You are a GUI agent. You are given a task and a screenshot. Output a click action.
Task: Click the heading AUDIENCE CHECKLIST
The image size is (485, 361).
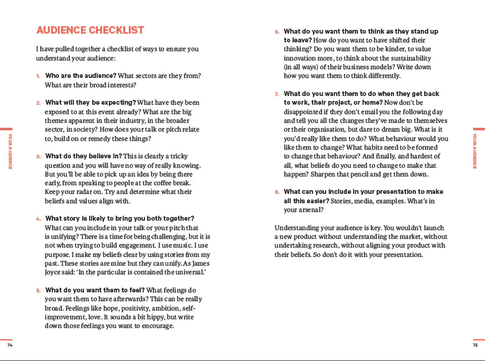(x=90, y=30)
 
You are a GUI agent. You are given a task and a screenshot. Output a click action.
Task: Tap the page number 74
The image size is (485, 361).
(x=9, y=345)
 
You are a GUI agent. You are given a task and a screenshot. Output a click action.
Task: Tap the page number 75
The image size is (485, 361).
(x=475, y=345)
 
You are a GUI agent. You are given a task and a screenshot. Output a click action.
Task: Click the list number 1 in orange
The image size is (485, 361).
(x=38, y=76)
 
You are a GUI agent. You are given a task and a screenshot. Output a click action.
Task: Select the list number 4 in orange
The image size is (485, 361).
(x=38, y=219)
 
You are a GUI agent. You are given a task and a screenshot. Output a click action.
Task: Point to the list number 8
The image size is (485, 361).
(x=277, y=192)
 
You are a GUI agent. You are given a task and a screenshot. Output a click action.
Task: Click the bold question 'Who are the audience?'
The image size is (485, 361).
(x=80, y=75)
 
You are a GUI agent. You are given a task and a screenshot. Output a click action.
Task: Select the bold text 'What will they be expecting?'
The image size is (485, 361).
(x=90, y=102)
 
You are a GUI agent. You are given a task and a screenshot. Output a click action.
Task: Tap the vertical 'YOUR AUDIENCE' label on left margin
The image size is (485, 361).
(x=10, y=150)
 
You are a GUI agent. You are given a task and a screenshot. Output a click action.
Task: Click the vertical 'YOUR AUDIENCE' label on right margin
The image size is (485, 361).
(x=474, y=150)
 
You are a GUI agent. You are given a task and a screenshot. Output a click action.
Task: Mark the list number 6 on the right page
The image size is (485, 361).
(x=277, y=31)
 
